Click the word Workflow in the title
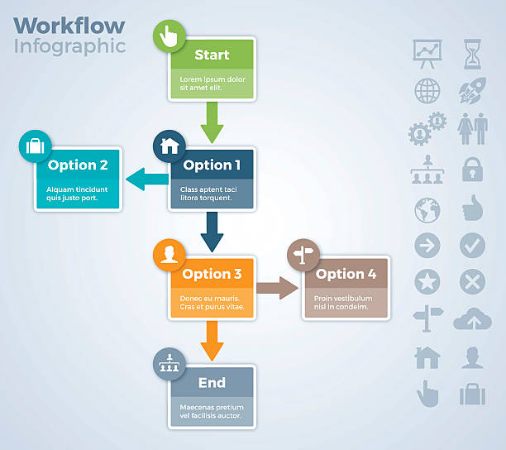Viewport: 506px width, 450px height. tap(69, 25)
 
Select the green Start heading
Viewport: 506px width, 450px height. tap(212, 55)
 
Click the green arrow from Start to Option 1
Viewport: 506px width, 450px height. tap(212, 122)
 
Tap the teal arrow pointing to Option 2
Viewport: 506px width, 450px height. tap(146, 177)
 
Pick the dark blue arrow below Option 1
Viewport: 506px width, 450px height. tap(212, 231)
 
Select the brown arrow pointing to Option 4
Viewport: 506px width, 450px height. tap(277, 288)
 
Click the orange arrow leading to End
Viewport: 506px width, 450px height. tap(212, 340)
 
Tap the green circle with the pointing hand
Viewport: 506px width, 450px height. tap(169, 36)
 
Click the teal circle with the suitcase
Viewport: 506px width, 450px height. tap(36, 146)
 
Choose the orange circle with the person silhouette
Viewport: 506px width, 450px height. tap(169, 255)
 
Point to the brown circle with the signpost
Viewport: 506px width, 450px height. tap(303, 255)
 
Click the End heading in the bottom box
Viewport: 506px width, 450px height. tap(212, 383)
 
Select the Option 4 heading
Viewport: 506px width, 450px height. tap(346, 274)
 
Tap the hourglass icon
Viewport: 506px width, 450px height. tap(472, 53)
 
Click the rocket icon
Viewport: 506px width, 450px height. tap(472, 90)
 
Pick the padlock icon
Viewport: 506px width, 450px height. tap(472, 170)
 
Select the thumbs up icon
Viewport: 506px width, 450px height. tap(472, 208)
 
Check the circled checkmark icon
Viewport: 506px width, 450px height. tap(472, 246)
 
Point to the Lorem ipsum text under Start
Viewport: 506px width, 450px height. tap(212, 84)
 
